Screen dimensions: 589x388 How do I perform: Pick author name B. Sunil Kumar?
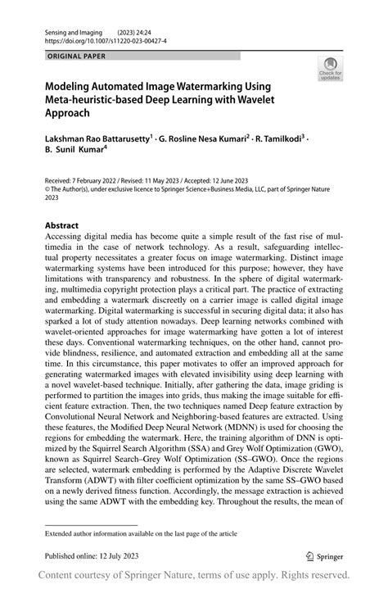78,152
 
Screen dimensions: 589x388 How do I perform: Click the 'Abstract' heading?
62,224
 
